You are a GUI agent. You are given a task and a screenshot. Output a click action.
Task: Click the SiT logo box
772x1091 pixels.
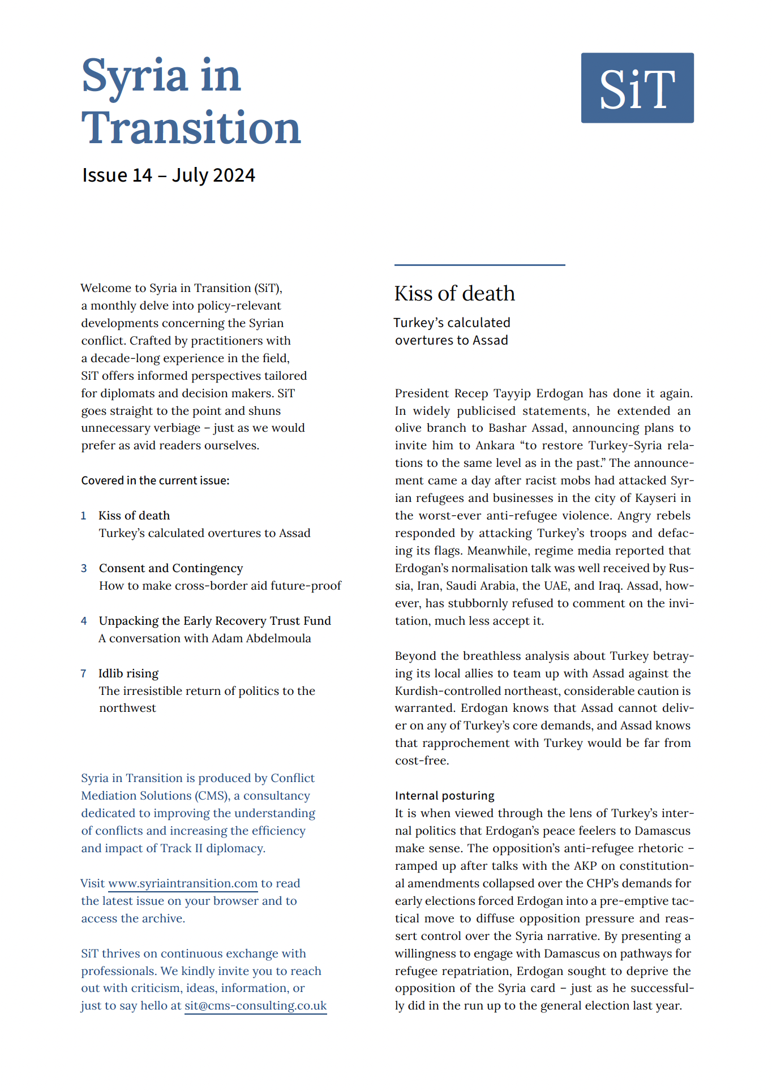tap(637, 88)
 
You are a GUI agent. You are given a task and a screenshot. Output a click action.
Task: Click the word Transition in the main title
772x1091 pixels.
tap(191, 128)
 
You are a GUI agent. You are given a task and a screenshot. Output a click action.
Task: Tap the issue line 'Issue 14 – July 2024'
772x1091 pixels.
tap(169, 175)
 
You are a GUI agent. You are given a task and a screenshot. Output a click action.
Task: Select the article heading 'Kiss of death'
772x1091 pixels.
tap(454, 294)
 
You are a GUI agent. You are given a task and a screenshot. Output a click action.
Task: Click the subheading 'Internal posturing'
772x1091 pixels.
tap(444, 796)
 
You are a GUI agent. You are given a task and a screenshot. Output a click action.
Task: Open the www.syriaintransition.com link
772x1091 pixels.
tap(183, 883)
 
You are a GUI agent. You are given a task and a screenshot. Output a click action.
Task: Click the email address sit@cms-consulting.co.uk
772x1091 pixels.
tap(256, 1006)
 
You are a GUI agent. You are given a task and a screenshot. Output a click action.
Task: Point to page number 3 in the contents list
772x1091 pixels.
tap(84, 568)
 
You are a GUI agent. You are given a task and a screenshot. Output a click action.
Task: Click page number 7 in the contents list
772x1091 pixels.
tap(84, 673)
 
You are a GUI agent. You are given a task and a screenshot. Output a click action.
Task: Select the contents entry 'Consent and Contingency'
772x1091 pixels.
tap(171, 568)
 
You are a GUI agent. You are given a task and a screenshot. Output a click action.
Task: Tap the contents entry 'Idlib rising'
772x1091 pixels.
tap(128, 673)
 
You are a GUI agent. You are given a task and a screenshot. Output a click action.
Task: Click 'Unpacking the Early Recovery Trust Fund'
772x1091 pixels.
tap(215, 621)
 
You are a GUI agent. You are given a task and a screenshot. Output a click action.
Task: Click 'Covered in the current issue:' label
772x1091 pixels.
tap(155, 480)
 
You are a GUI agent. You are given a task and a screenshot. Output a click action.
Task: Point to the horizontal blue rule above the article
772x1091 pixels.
tap(479, 265)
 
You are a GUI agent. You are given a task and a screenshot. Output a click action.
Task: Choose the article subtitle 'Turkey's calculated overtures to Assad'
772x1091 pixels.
tap(452, 331)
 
